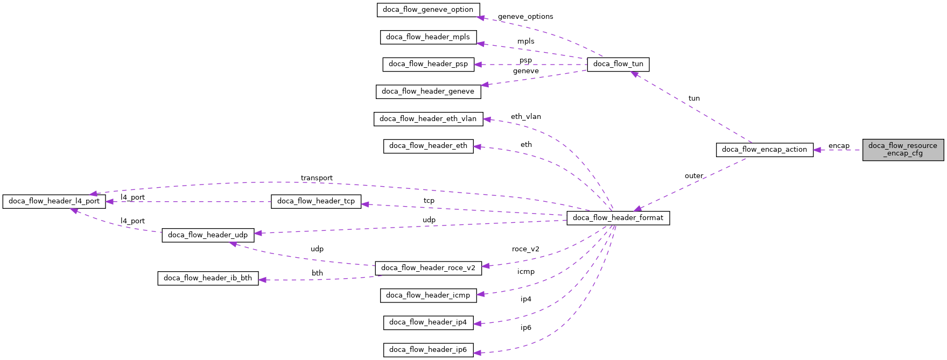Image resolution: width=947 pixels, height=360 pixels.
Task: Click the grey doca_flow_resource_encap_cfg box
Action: pos(902,150)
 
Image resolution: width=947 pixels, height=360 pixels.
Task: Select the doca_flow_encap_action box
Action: pos(764,150)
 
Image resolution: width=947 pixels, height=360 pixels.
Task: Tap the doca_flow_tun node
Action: pos(618,64)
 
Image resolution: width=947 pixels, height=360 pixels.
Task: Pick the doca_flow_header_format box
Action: pos(618,218)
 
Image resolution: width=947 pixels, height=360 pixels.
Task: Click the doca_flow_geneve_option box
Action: pos(427,10)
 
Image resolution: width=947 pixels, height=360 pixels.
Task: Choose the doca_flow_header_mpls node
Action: pos(427,37)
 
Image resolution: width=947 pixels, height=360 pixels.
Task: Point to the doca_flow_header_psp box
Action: pos(428,64)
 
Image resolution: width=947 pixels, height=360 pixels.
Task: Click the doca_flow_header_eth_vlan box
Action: pos(427,119)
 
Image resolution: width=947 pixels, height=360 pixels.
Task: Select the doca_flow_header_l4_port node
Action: pos(54,201)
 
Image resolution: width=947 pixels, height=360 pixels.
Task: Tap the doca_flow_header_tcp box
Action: pos(315,201)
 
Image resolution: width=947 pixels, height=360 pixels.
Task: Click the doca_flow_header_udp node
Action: pos(207,235)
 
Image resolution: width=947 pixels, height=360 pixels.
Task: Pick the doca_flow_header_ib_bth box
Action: pos(207,278)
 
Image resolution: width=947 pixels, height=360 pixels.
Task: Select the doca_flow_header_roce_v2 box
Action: pos(427,268)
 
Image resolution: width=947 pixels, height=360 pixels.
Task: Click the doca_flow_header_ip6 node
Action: pos(428,350)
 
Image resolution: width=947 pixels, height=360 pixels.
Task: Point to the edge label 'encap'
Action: pos(838,146)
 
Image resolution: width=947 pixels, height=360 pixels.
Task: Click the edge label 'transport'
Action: pos(316,178)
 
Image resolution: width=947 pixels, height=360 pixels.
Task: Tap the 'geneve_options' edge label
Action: pos(525,17)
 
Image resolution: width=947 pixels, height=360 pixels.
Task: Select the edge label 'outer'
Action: pos(693,176)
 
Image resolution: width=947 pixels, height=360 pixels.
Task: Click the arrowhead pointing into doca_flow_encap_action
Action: pos(817,150)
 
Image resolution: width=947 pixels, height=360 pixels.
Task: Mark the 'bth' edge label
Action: pos(317,273)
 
